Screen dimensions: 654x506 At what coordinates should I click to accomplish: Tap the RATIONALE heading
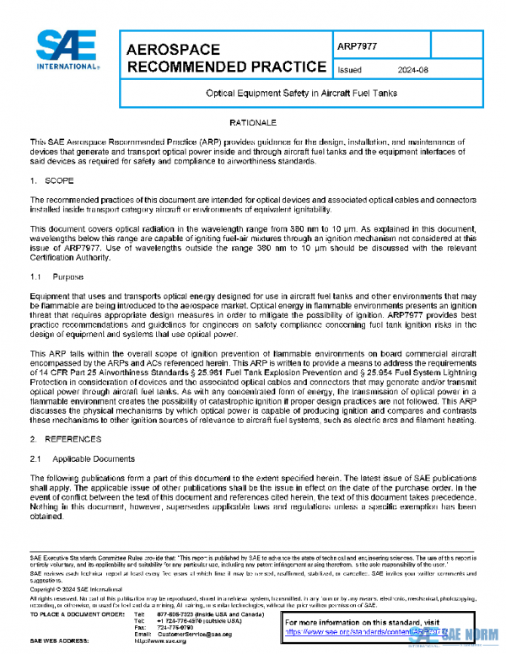(x=253, y=123)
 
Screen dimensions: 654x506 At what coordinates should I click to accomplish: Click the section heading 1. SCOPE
(x=55, y=180)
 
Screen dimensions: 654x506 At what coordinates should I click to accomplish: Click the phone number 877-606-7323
(x=175, y=614)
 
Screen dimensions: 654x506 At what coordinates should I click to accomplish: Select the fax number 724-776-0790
(x=175, y=628)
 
